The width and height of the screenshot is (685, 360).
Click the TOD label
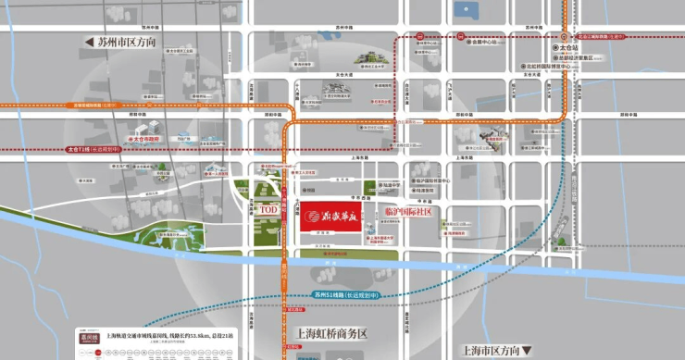tap(268, 211)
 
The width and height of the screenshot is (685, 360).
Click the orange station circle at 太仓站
tap(558, 45)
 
